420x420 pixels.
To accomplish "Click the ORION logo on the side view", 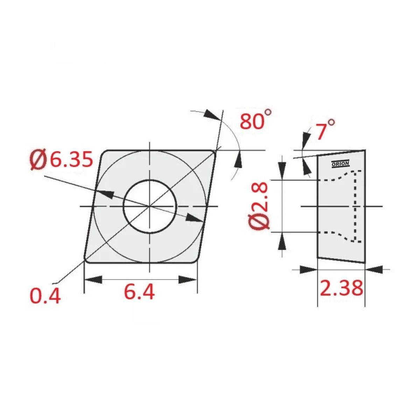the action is tap(340, 164).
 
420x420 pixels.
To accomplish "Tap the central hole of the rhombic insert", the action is tap(150, 206).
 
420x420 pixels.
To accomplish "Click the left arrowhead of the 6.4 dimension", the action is tap(93, 280).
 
